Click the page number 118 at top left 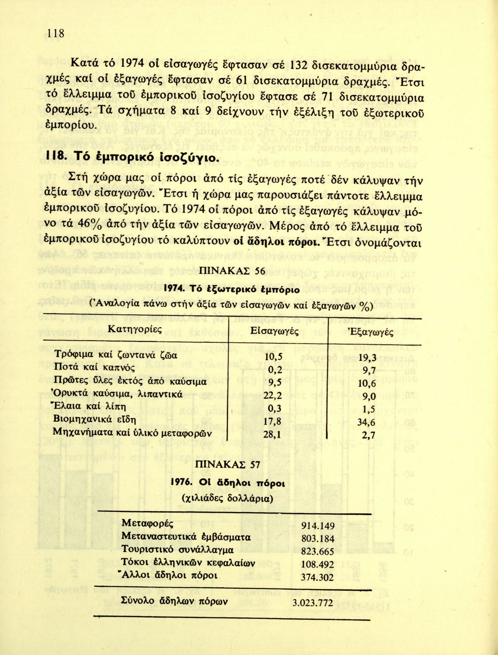click(x=56, y=33)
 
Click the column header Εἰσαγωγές click(x=274, y=331)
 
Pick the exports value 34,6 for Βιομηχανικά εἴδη click(x=366, y=423)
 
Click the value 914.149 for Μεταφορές click(x=318, y=526)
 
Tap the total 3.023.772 click(x=312, y=603)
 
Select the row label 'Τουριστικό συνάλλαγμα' click(x=177, y=550)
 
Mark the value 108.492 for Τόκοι click(x=318, y=564)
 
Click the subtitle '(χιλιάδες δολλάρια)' click(x=227, y=498)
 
